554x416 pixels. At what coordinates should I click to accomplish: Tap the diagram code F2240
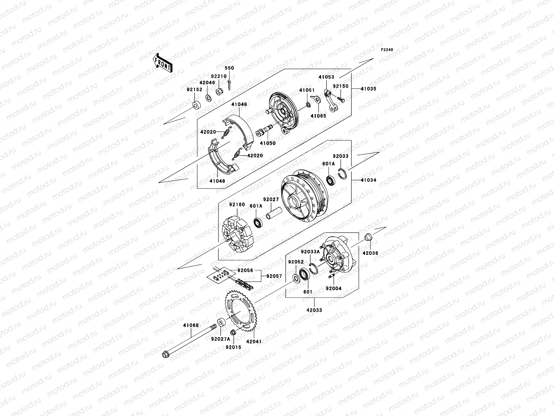point(387,50)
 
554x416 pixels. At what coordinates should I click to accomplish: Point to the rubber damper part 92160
point(237,235)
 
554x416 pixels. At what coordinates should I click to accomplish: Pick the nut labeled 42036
point(369,238)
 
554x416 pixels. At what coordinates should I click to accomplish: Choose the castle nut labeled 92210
point(219,92)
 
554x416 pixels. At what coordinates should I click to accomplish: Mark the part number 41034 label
point(368,180)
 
